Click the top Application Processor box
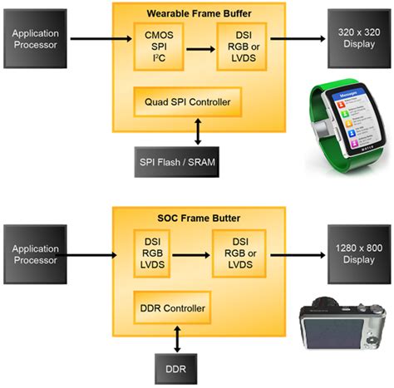34,39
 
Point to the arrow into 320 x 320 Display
296,39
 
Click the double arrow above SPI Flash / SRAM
196,132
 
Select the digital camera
342,328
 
